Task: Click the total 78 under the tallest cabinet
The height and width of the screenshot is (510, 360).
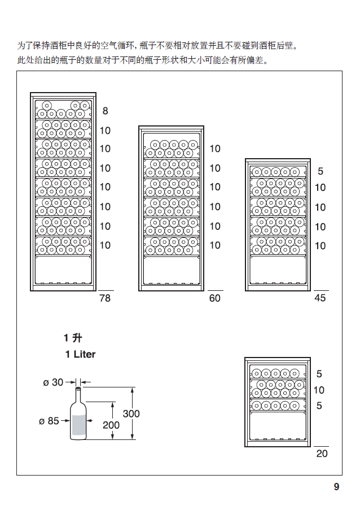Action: (x=105, y=298)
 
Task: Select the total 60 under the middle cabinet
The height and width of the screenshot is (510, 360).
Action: (x=215, y=298)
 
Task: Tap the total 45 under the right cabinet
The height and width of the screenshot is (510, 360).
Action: (x=320, y=298)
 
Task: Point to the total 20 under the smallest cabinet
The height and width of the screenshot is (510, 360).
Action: (x=322, y=454)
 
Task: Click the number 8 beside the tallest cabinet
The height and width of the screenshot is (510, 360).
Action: (x=105, y=112)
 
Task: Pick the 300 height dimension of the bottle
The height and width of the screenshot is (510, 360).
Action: (x=131, y=414)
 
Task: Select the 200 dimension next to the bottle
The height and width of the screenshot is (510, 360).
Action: (x=111, y=425)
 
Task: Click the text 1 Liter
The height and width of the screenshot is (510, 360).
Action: (x=80, y=355)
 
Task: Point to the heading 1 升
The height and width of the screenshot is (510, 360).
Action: (x=73, y=338)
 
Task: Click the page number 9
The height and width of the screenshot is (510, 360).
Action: (x=336, y=487)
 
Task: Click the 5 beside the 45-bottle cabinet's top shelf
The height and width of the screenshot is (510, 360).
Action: (x=321, y=171)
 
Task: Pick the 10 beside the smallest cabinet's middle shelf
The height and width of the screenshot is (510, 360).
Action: (x=319, y=390)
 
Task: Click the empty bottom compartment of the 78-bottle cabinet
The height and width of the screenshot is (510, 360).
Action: (x=63, y=270)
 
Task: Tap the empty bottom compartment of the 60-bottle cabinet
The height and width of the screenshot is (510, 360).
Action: (x=171, y=270)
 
